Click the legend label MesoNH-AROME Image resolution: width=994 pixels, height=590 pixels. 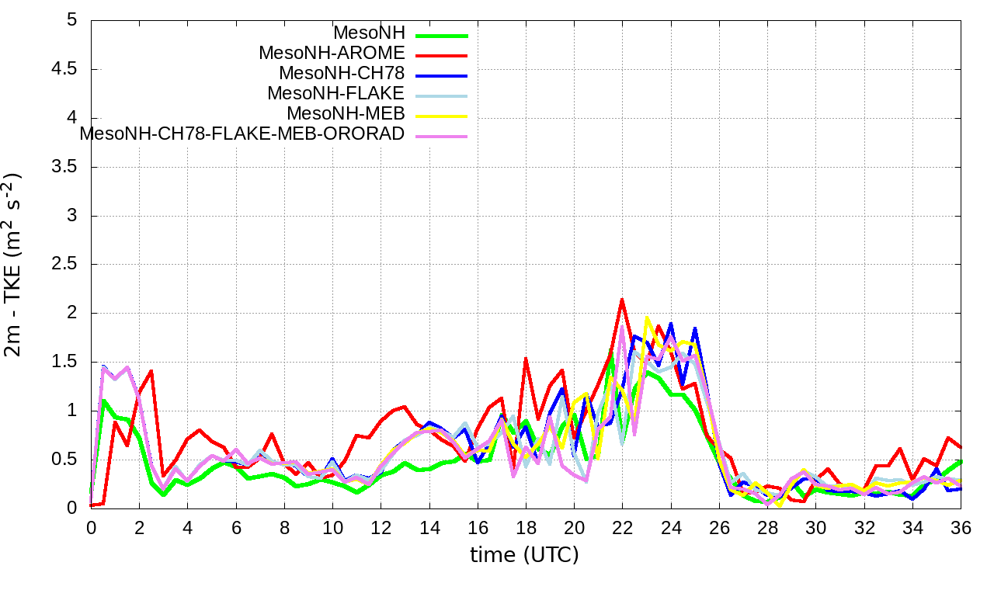332,53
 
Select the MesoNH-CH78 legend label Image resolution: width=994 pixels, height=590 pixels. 342,73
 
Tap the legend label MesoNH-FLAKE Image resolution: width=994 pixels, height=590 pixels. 336,93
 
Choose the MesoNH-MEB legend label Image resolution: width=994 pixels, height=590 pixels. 346,113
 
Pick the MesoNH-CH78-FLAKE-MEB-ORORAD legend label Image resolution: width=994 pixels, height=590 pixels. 242,134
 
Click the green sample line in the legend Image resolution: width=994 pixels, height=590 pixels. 441,35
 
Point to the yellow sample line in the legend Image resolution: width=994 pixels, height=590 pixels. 441,116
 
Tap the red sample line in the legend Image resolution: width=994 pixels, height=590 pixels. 441,55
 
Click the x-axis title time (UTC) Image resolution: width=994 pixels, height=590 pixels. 525,555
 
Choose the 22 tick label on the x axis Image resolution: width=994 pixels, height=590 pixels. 622,526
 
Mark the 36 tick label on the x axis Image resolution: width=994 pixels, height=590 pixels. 961,526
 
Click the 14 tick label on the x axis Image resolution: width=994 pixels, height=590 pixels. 429,526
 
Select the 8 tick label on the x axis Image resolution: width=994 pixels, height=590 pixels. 284,526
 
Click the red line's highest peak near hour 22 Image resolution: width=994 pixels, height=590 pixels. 622,299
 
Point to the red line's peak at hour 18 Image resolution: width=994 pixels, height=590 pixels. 526,359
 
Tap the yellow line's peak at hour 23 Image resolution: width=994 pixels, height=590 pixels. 646,318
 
